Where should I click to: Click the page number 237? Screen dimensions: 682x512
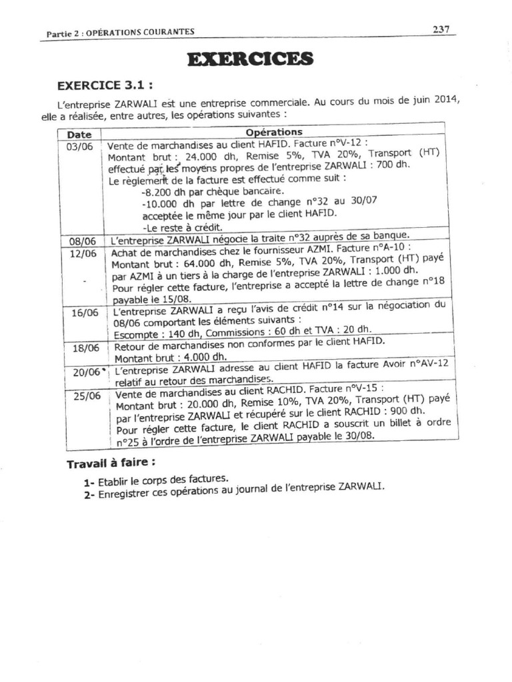(441, 29)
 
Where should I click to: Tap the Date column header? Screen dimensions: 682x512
(79, 134)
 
